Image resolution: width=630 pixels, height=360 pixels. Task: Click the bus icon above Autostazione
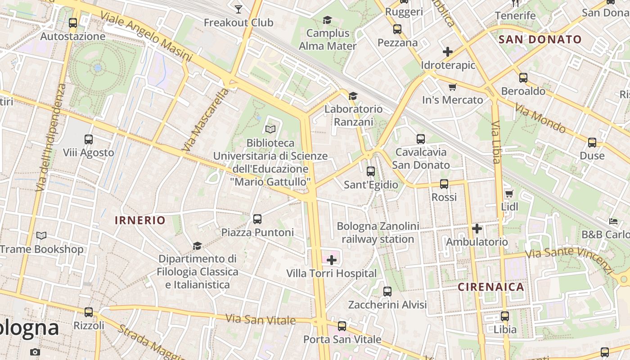coord(72,23)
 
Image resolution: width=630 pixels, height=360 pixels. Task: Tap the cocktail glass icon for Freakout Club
coord(238,9)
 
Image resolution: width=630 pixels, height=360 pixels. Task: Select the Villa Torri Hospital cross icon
coord(332,260)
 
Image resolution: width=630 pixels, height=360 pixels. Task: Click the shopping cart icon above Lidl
coord(509,193)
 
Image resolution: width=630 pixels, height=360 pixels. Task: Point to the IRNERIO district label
coord(140,220)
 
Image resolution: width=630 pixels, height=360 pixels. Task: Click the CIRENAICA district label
coord(491,287)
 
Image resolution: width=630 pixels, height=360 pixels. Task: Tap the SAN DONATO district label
coord(540,40)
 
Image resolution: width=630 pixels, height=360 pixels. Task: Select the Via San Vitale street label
coord(261,319)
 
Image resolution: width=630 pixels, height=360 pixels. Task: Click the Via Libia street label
coord(496,142)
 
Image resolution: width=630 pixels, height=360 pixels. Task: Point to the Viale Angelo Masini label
coord(146,36)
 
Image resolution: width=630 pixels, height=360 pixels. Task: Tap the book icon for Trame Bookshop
coord(41,235)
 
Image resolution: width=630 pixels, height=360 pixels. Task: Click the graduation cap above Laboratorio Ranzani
coord(353,96)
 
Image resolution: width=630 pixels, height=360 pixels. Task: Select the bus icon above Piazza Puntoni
coord(257,219)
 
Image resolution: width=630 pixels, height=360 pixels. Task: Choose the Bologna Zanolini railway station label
coord(378,233)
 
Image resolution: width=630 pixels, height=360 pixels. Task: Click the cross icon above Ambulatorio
coord(477,229)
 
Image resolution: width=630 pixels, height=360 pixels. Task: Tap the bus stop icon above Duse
coord(592,143)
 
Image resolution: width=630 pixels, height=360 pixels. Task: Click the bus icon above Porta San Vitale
coord(342,326)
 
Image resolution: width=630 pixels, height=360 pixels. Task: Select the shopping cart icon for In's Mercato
coord(452,87)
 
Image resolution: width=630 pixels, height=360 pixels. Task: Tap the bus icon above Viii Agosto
coord(89,139)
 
